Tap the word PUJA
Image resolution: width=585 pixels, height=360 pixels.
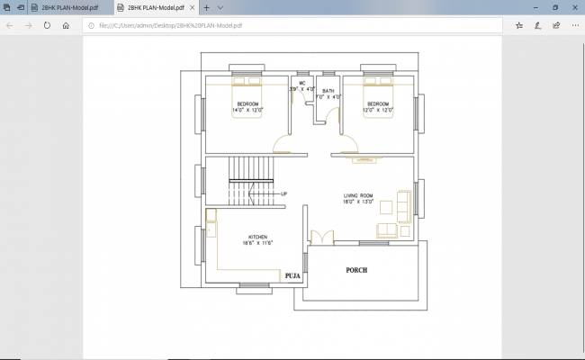(x=292, y=276)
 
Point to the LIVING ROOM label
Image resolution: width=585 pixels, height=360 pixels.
(x=359, y=195)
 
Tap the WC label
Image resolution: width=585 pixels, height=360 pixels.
(x=302, y=83)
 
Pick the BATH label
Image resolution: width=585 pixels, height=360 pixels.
(x=328, y=91)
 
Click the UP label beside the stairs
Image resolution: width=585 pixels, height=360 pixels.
(x=284, y=193)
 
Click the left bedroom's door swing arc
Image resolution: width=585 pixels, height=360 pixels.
(x=283, y=144)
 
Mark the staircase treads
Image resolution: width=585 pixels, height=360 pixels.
(x=249, y=168)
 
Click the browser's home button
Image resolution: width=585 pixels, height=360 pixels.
(x=66, y=25)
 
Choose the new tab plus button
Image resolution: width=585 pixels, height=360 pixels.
(x=206, y=7)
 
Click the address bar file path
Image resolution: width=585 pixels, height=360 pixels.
(x=166, y=25)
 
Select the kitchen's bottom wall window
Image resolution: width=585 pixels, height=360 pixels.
(x=255, y=287)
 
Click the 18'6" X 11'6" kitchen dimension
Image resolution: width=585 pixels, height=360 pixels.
(x=256, y=243)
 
